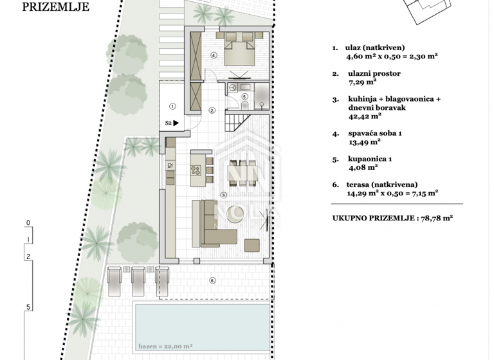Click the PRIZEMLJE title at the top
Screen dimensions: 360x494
click(x=56, y=8)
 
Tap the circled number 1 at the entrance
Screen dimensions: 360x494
click(x=172, y=106)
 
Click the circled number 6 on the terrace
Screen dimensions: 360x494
click(x=212, y=280)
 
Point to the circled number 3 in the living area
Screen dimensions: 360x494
click(x=223, y=195)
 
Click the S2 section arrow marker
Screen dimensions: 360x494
click(x=172, y=122)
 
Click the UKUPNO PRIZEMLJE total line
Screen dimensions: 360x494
click(x=392, y=218)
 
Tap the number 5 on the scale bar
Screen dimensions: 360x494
click(x=28, y=307)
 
